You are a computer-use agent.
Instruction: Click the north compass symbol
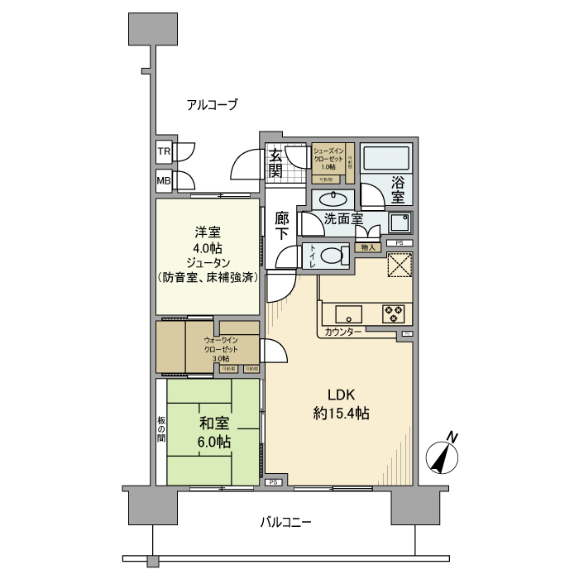[x=445, y=456]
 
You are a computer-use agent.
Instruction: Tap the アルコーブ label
[x=212, y=105]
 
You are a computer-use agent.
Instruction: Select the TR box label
[x=164, y=152]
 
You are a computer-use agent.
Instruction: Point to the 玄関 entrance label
[x=275, y=163]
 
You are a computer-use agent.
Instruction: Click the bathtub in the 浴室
[x=387, y=157]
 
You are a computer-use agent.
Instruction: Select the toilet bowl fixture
[x=333, y=256]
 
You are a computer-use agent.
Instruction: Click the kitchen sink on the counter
[x=347, y=314]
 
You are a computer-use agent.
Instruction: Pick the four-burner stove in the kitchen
[x=392, y=314]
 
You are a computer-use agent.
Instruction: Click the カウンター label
[x=342, y=332]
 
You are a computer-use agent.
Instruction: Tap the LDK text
[x=340, y=395]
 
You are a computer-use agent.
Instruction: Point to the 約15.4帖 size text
[x=340, y=414]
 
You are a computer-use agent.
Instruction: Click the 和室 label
[x=213, y=423]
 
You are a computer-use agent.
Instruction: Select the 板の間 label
[x=161, y=430]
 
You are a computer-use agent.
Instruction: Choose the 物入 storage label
[x=369, y=247]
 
